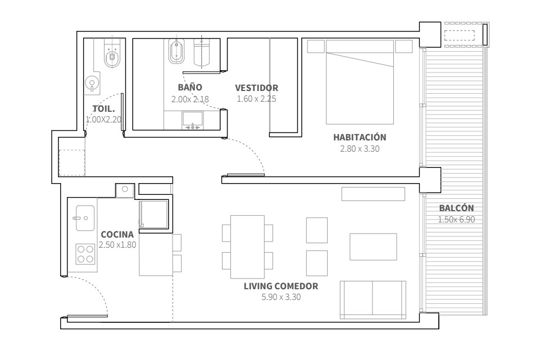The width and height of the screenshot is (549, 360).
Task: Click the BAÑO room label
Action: click(190, 87)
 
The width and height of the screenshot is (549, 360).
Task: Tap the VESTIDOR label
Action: click(257, 88)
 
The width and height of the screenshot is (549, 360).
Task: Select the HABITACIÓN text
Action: click(360, 137)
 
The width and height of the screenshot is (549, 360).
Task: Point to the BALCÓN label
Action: click(457, 208)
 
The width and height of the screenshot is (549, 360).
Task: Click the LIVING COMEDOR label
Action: click(281, 286)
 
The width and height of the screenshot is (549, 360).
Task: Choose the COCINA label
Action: click(117, 234)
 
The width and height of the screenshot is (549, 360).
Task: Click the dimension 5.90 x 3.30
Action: click(281, 297)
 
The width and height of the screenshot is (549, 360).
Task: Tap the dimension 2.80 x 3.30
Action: click(360, 149)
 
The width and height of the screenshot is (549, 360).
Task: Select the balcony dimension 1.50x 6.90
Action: click(457, 220)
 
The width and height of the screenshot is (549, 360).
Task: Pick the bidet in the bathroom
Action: click(176, 51)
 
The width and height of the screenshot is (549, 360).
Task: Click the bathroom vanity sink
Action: click(192, 120)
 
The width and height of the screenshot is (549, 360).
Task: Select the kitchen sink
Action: click(85, 218)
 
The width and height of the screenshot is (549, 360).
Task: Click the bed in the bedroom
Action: click(360, 82)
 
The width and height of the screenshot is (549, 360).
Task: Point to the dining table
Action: click(247, 247)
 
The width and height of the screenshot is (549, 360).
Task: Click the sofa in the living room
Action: click(373, 300)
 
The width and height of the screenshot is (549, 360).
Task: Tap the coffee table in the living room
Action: click(373, 247)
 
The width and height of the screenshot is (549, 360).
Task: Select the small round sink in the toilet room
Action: click(92, 83)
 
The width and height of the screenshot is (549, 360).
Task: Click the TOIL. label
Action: click(103, 109)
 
